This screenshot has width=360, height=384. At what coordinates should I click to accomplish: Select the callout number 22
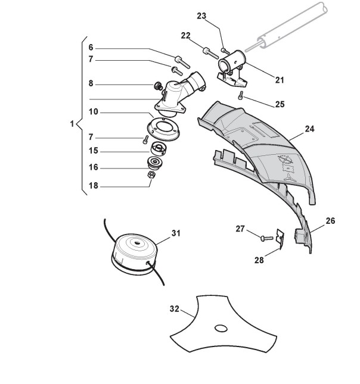click(x=185, y=36)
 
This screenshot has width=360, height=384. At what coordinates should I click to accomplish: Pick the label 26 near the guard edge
click(x=330, y=221)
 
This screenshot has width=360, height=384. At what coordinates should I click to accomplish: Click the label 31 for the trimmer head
click(x=175, y=233)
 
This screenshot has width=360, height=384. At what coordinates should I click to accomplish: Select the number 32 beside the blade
click(x=175, y=309)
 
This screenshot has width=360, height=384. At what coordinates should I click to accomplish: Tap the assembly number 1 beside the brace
click(x=72, y=125)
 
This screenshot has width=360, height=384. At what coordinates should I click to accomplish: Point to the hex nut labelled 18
click(x=151, y=176)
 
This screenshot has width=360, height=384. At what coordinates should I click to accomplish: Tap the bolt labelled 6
click(x=181, y=60)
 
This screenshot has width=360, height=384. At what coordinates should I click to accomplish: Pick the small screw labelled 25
click(x=241, y=96)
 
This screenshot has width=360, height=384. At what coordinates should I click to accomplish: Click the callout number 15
click(x=94, y=151)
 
